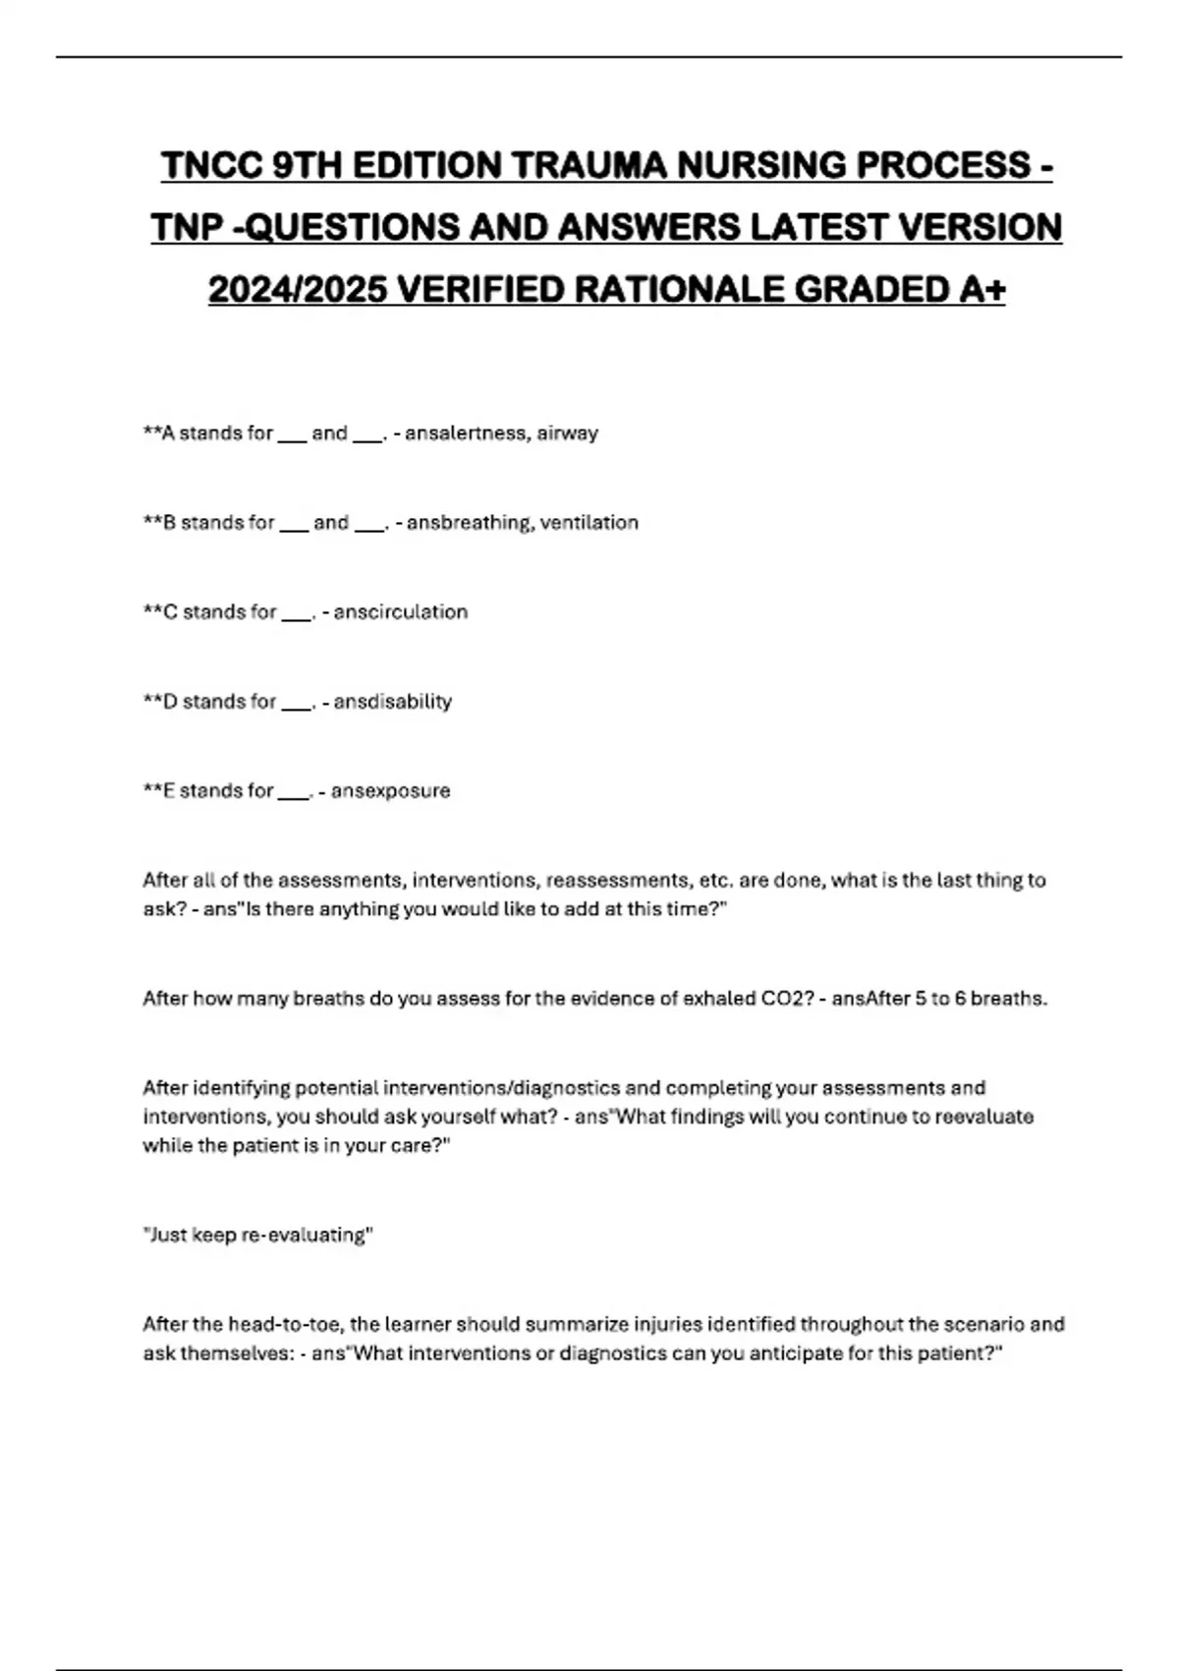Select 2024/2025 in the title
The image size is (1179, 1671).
coord(298,290)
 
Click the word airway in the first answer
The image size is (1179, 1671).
coord(567,433)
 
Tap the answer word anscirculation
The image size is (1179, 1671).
coord(401,612)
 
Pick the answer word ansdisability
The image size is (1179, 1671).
coord(393,702)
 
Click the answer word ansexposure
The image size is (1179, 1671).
coord(391,791)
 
